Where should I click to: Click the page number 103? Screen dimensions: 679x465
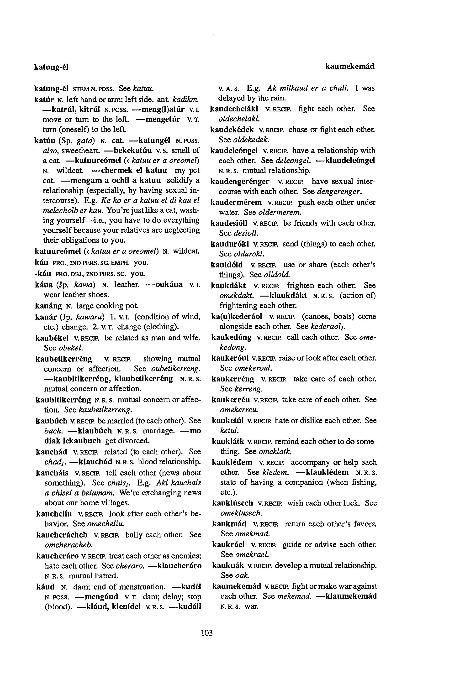(x=207, y=633)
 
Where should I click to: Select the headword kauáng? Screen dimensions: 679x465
(x=48, y=306)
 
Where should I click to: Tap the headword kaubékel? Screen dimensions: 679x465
(x=52, y=338)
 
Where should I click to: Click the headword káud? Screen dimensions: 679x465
(x=45, y=587)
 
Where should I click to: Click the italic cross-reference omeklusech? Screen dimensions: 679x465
(x=241, y=513)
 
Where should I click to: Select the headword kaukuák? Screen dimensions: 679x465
(x=228, y=566)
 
